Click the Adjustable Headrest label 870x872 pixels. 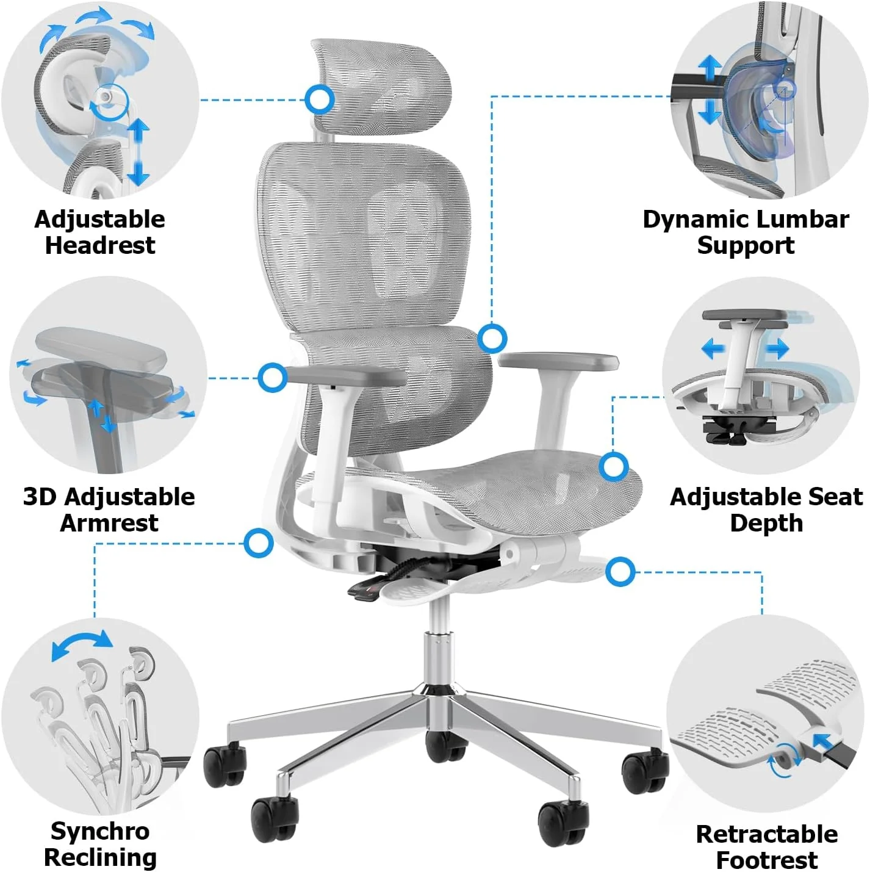(x=99, y=232)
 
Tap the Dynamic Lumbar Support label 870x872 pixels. (x=746, y=232)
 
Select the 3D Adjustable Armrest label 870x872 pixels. (x=109, y=510)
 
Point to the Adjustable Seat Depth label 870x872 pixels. (x=766, y=510)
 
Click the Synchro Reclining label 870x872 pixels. (x=100, y=844)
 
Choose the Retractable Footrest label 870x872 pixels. (x=766, y=847)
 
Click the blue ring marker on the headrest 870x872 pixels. (x=319, y=99)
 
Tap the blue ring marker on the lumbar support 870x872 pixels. (x=492, y=338)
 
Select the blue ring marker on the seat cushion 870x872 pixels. (x=613, y=467)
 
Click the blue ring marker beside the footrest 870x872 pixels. (x=620, y=572)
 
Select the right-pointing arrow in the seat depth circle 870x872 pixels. (x=777, y=349)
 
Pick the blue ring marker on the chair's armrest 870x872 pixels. (x=272, y=378)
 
